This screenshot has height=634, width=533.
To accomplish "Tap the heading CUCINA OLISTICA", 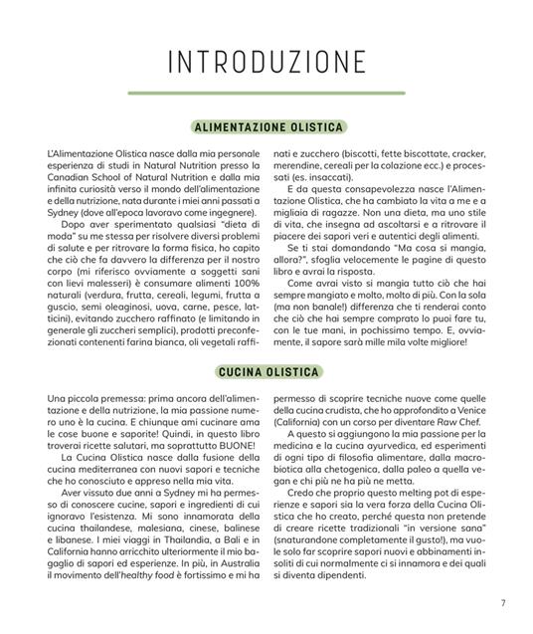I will (266, 372).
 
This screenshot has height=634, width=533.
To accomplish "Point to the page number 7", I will (503, 600).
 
